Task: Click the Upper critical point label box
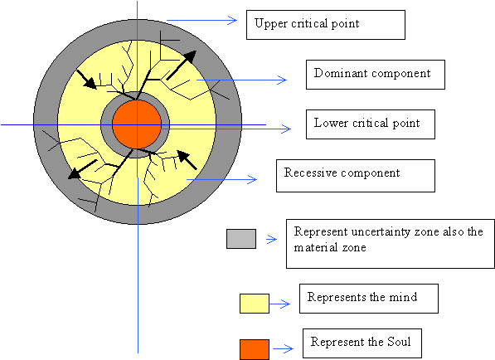tap(326, 25)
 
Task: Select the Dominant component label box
tap(376, 75)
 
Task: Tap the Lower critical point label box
tap(371, 124)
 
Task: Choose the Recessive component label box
tap(356, 176)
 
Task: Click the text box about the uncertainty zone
tap(391, 244)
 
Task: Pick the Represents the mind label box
tap(369, 299)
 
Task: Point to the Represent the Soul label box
tap(362, 343)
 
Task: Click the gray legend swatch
tap(241, 239)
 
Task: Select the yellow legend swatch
tap(255, 304)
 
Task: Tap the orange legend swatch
tap(255, 349)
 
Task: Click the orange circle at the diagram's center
tap(137, 124)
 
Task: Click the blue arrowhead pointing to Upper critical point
tap(232, 21)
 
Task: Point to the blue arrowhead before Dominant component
tap(282, 80)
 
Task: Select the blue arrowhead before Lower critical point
tap(286, 129)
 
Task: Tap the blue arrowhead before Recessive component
tap(252, 180)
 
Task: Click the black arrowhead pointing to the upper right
tap(189, 57)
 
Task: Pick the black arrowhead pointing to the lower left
tap(75, 173)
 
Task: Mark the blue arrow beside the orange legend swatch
tap(284, 348)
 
